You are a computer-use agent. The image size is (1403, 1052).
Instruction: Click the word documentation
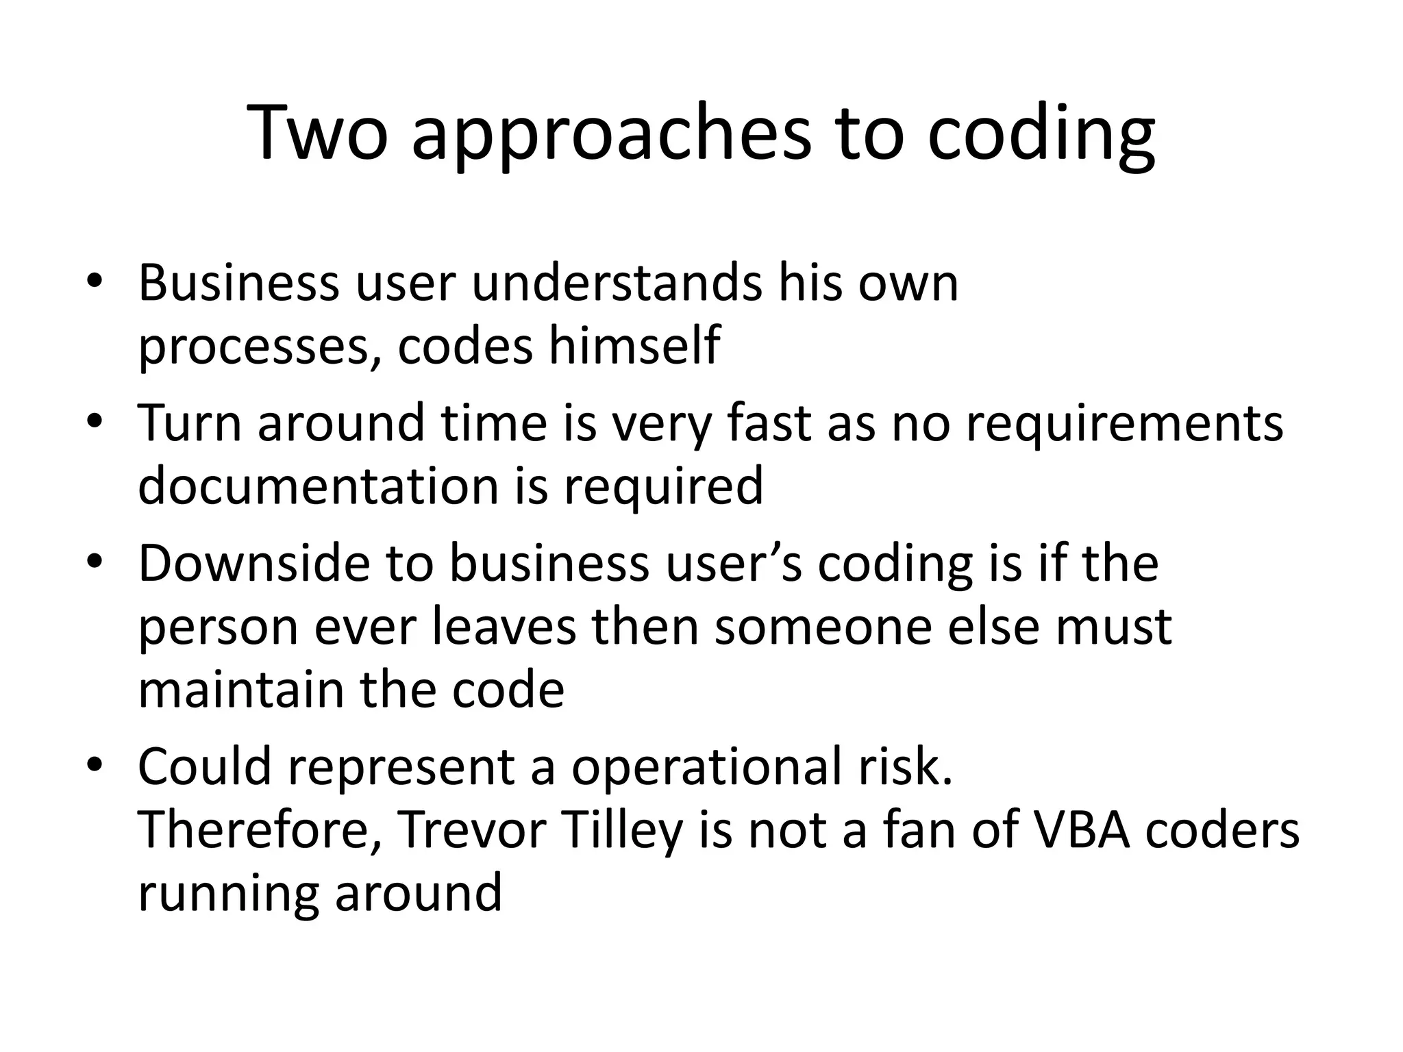(x=319, y=485)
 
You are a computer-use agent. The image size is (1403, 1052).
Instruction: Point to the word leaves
(x=504, y=626)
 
